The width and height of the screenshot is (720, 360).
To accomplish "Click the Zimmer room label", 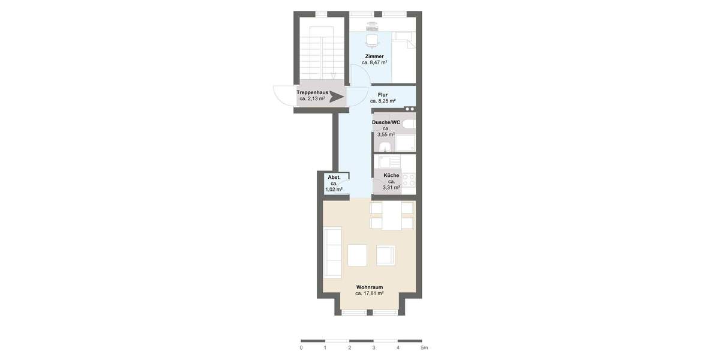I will pyautogui.click(x=374, y=56).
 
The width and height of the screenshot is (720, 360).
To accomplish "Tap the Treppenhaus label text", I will pyautogui.click(x=312, y=92).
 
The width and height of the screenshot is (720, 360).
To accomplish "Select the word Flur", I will pyautogui.click(x=382, y=95).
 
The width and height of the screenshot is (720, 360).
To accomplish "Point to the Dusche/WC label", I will pyautogui.click(x=386, y=122).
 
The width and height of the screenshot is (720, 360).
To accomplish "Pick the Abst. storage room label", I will pyautogui.click(x=334, y=178).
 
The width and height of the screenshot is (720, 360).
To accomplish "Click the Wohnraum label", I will pyautogui.click(x=369, y=287).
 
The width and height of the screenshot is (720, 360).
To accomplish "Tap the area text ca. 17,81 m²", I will pyautogui.click(x=369, y=294).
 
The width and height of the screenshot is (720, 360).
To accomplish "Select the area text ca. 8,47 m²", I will pyautogui.click(x=374, y=62).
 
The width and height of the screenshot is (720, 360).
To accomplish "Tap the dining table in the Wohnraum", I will pyautogui.click(x=392, y=216).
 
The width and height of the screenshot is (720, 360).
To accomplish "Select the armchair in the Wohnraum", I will pyautogui.click(x=386, y=255).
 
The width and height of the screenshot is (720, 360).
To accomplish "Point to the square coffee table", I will pyautogui.click(x=357, y=255).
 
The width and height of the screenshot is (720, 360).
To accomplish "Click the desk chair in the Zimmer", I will pyautogui.click(x=372, y=40).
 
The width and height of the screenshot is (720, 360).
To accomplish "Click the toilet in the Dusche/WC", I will pyautogui.click(x=408, y=124).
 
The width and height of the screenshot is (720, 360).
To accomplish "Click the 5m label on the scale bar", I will pyautogui.click(x=424, y=348).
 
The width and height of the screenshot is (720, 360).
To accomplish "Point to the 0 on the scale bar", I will pyautogui.click(x=301, y=348).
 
